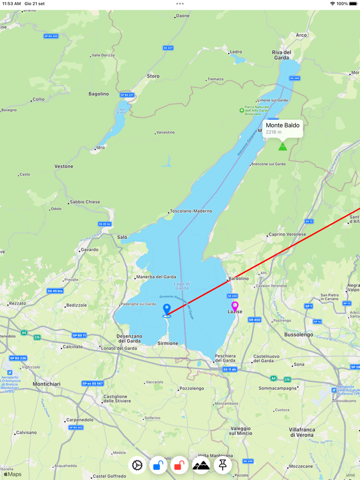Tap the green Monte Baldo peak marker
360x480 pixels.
tap(282, 146)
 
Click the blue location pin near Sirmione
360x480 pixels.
tap(167, 309)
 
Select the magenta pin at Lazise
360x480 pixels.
tap(235, 307)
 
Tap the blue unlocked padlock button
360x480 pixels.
tap(158, 465)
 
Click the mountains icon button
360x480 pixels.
tap(201, 465)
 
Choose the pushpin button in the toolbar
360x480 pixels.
tap(223, 465)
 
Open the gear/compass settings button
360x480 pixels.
tap(137, 465)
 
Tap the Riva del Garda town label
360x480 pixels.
tap(282, 55)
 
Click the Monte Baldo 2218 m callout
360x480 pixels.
tap(282, 127)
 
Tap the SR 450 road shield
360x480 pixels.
tap(254, 320)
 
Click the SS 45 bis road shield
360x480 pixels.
tap(55, 291)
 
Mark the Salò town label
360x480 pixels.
tap(122, 237)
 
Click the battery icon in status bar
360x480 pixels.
tap(353, 4)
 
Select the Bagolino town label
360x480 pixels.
tap(99, 94)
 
